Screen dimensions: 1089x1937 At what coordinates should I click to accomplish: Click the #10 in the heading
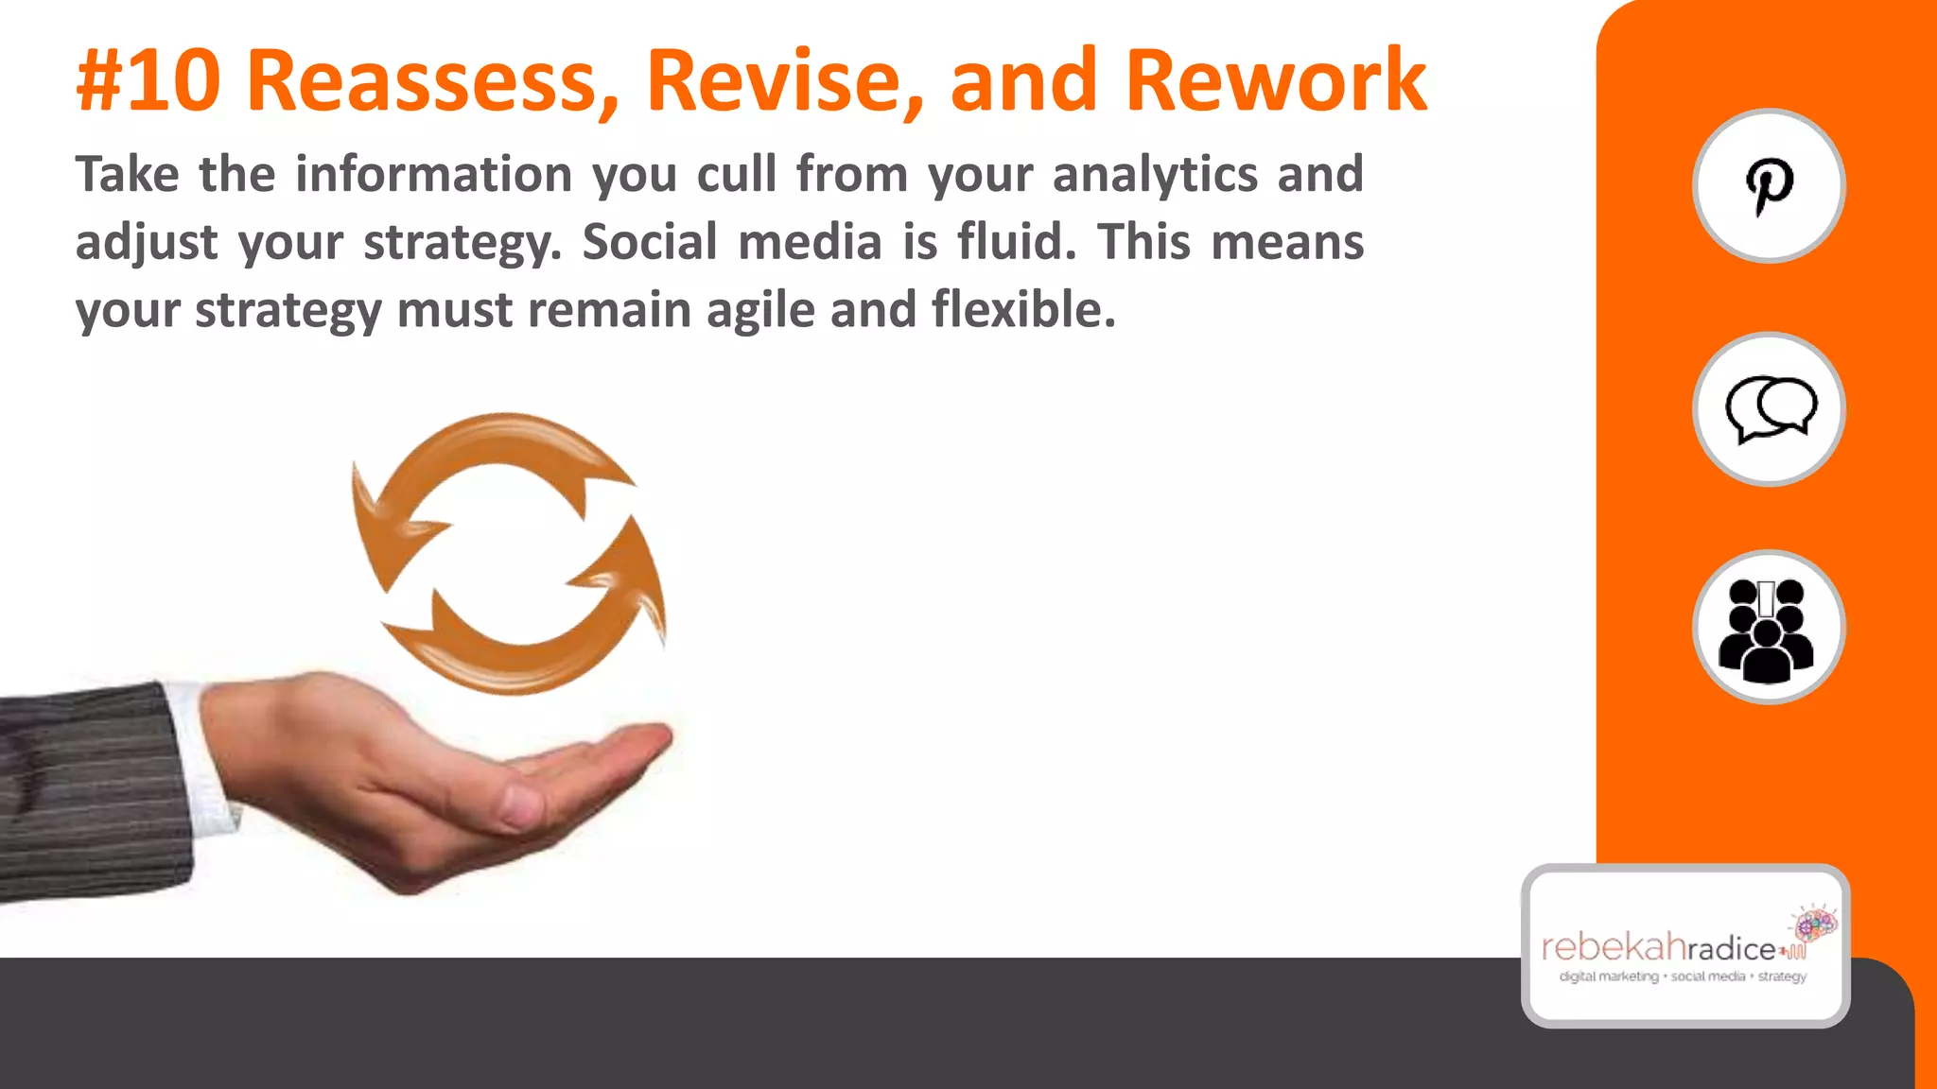[148, 82]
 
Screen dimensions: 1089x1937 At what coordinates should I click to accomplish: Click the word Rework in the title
[1275, 82]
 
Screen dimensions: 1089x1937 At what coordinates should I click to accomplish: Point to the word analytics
[1155, 175]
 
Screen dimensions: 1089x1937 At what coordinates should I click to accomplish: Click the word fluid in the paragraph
[1017, 242]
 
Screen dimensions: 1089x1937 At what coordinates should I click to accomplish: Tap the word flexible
[1023, 309]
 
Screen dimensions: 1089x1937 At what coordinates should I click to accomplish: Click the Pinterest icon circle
[1768, 185]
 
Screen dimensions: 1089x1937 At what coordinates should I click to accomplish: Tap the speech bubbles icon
[1769, 409]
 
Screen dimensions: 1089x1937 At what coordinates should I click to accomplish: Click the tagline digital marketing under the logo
[1608, 977]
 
